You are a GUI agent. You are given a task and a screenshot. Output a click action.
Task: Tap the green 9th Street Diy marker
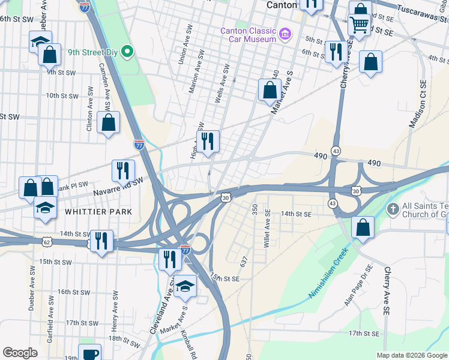click(x=127, y=52)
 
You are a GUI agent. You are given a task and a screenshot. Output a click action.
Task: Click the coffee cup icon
click(x=90, y=353)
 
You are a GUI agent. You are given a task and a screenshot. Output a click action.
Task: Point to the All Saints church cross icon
click(x=393, y=209)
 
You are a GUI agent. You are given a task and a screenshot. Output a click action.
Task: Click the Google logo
click(x=20, y=353)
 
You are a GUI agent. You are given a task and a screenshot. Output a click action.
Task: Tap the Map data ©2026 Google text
click(x=412, y=355)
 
